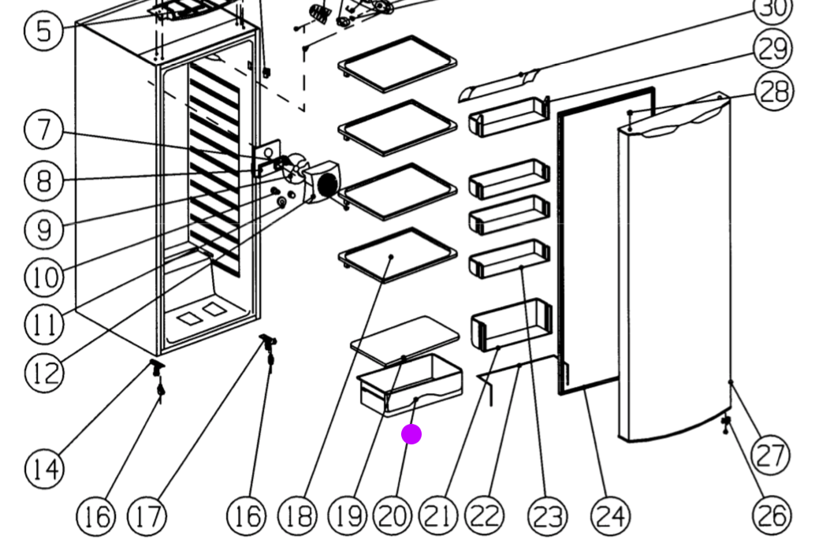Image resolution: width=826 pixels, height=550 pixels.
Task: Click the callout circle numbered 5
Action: pos(43,31)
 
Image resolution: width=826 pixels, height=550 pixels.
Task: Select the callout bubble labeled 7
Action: pos(43,130)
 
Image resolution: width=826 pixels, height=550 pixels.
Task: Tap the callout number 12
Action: pos(43,373)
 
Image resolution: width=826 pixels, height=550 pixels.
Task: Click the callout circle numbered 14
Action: pos(43,470)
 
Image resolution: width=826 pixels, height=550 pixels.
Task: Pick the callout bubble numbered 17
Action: pos(147,517)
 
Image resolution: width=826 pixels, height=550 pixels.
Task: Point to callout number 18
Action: pos(297,517)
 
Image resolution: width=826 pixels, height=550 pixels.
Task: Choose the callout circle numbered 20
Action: pos(393,517)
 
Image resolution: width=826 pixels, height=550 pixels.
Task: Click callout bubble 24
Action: pos(611,517)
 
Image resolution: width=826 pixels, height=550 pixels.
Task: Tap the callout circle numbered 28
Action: pos(774,91)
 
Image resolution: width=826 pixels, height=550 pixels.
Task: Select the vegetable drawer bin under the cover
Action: pos(410,386)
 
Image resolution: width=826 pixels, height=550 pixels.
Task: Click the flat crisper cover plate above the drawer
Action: pos(405,337)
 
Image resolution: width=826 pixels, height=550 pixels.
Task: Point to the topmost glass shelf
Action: pos(397,63)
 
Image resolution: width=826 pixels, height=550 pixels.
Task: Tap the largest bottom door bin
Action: pos(510,323)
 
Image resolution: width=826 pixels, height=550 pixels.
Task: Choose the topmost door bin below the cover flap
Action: pos(508,117)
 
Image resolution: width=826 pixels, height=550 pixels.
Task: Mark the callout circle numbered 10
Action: pos(43,277)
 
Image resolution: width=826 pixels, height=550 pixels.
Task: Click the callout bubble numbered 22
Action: pos(485,517)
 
